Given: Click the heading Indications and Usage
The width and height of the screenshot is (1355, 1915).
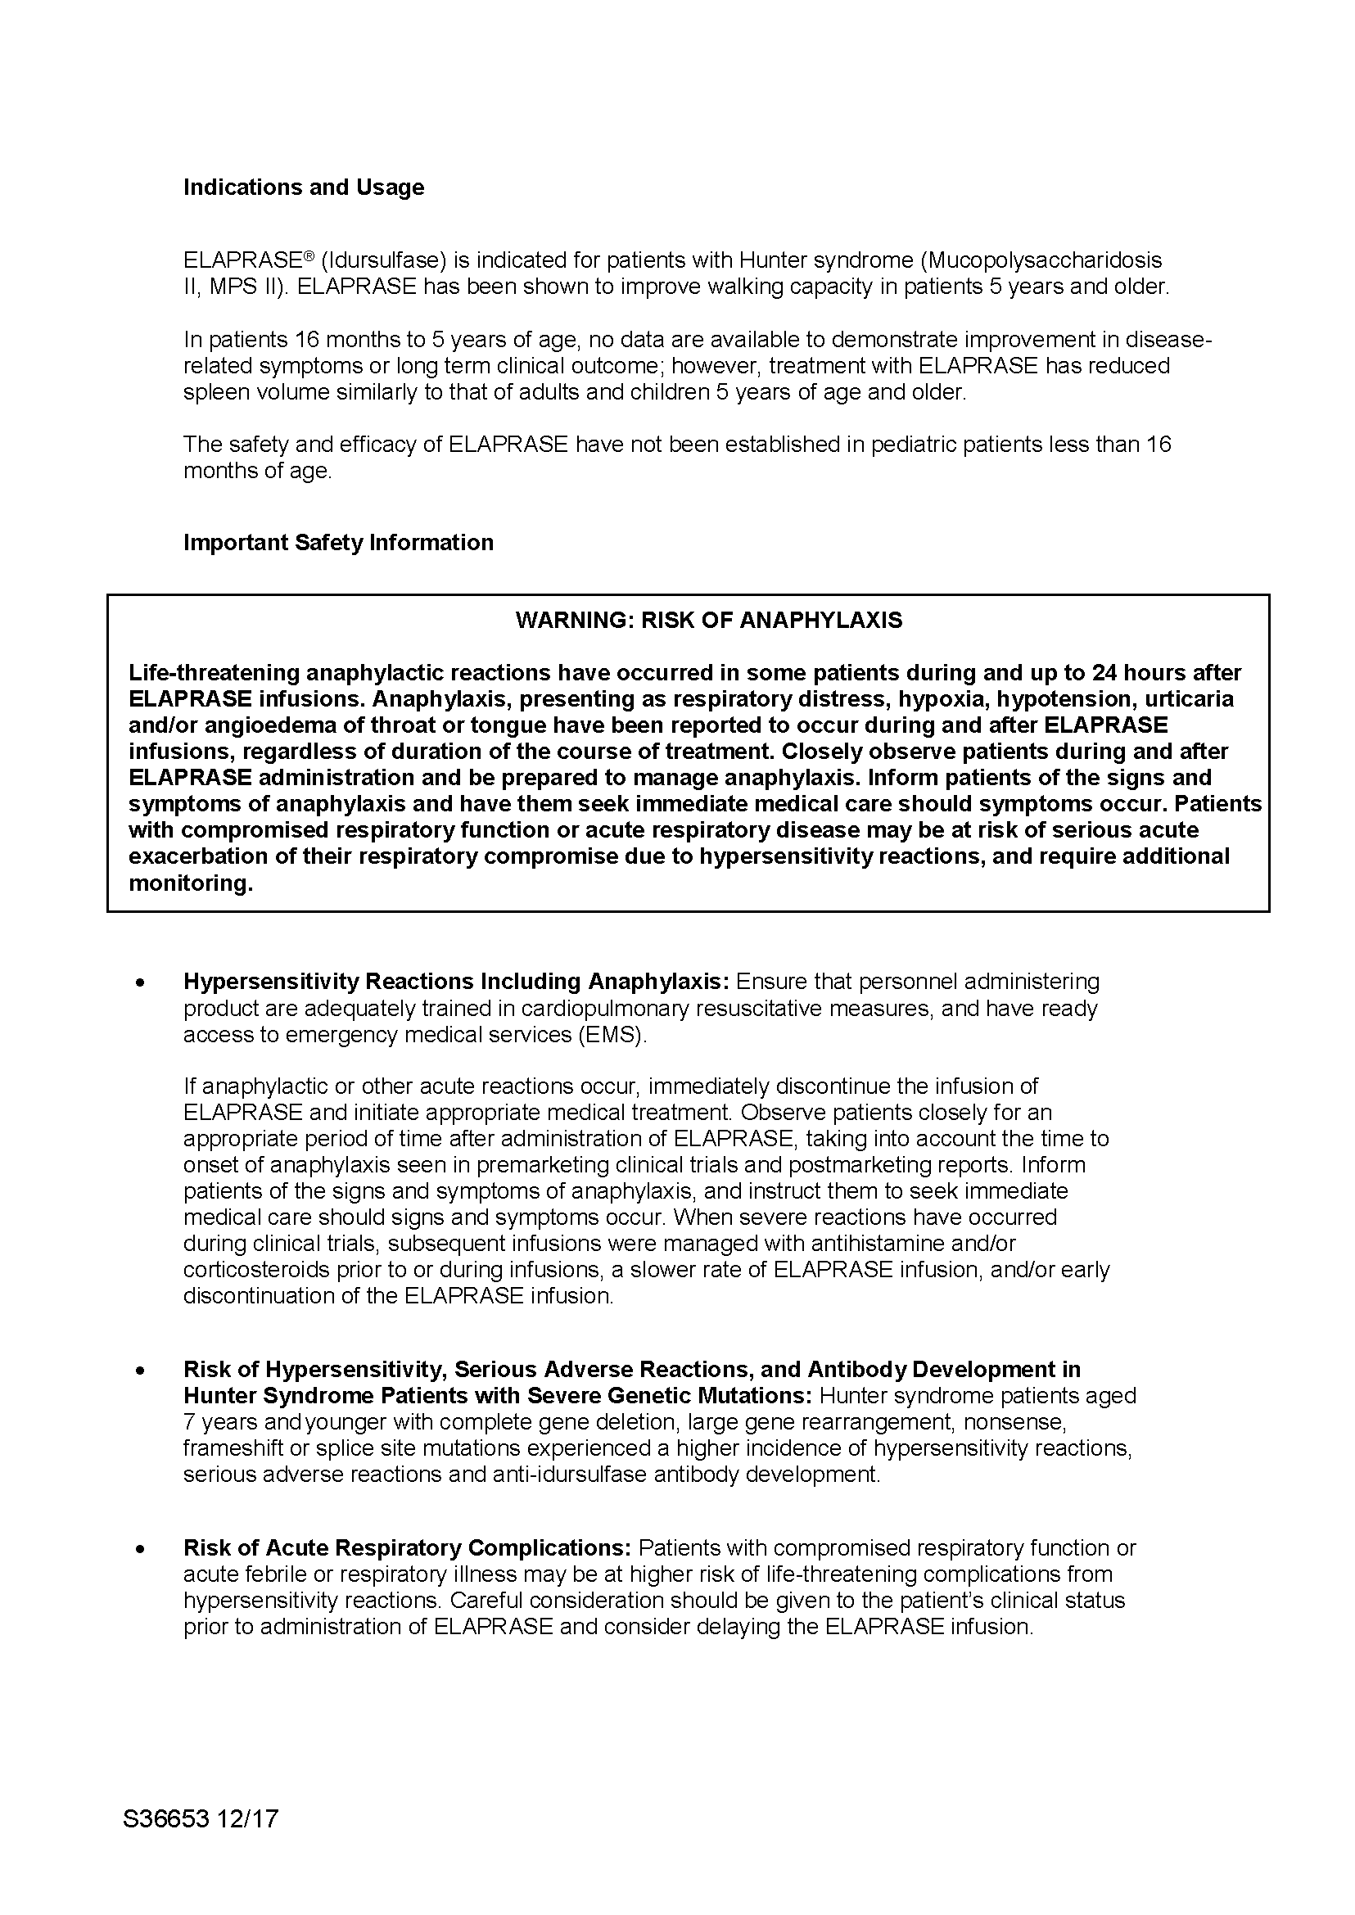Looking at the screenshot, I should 304,187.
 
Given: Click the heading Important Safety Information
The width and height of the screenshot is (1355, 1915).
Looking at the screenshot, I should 338,542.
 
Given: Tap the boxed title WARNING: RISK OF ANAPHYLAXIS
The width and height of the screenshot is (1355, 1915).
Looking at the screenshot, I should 708,620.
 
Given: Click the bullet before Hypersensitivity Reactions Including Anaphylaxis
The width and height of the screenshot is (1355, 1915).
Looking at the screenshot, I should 141,984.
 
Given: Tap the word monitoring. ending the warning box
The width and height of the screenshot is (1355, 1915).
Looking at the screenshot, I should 190,883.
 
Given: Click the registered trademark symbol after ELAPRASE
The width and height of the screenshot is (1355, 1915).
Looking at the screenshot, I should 308,255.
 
